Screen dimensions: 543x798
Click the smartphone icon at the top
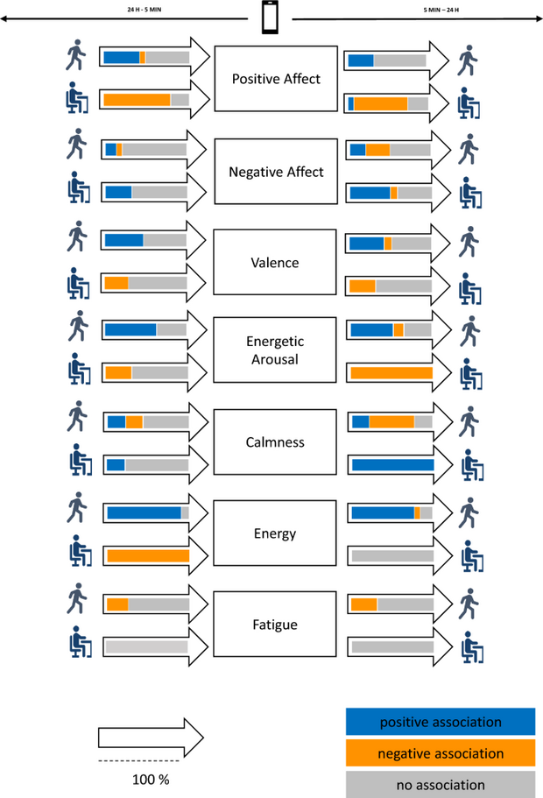point(270,18)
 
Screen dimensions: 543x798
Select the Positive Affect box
point(276,79)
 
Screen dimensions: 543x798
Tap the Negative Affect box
point(276,172)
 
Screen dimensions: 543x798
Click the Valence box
point(275,262)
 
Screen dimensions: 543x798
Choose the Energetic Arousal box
point(275,350)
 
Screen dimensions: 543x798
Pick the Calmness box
point(275,441)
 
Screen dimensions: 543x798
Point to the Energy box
point(275,533)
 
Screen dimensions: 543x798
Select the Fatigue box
point(275,624)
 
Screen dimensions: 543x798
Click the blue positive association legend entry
point(441,722)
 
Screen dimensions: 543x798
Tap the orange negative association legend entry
point(441,753)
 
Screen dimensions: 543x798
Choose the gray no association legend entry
point(441,784)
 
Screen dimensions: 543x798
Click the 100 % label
point(151,780)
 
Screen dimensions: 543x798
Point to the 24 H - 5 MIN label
point(144,9)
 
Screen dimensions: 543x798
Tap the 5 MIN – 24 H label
point(441,10)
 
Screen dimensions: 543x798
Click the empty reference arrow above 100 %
point(151,738)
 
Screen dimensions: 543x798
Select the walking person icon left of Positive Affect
point(76,55)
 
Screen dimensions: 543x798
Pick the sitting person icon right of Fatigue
point(472,647)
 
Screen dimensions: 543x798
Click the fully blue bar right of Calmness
point(393,464)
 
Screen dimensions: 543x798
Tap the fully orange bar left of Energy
point(148,555)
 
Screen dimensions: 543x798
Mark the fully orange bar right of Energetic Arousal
point(391,372)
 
